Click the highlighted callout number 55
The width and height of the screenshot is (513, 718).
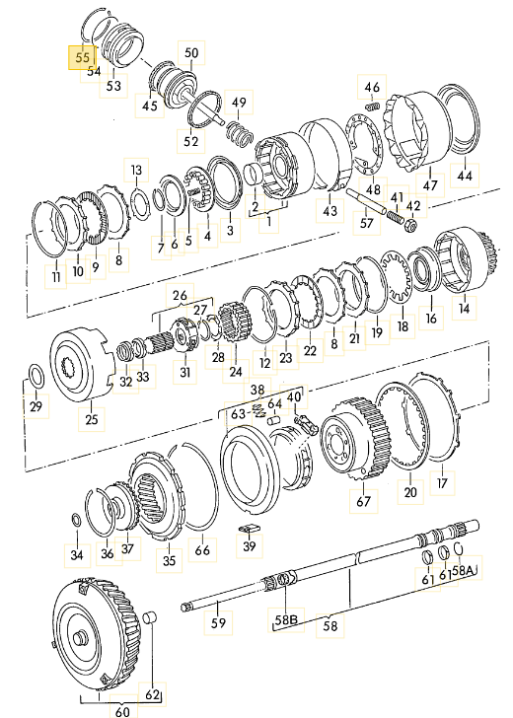click(83, 57)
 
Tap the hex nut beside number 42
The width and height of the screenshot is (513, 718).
click(410, 225)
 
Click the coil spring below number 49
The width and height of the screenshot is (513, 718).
click(240, 133)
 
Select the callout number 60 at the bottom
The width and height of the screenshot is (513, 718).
click(122, 712)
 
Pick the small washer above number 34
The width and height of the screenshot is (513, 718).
click(77, 519)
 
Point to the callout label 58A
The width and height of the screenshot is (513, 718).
click(462, 570)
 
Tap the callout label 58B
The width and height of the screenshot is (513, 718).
click(286, 620)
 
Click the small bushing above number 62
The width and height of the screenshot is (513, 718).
click(150, 617)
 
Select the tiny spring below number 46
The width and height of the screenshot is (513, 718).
click(373, 108)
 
